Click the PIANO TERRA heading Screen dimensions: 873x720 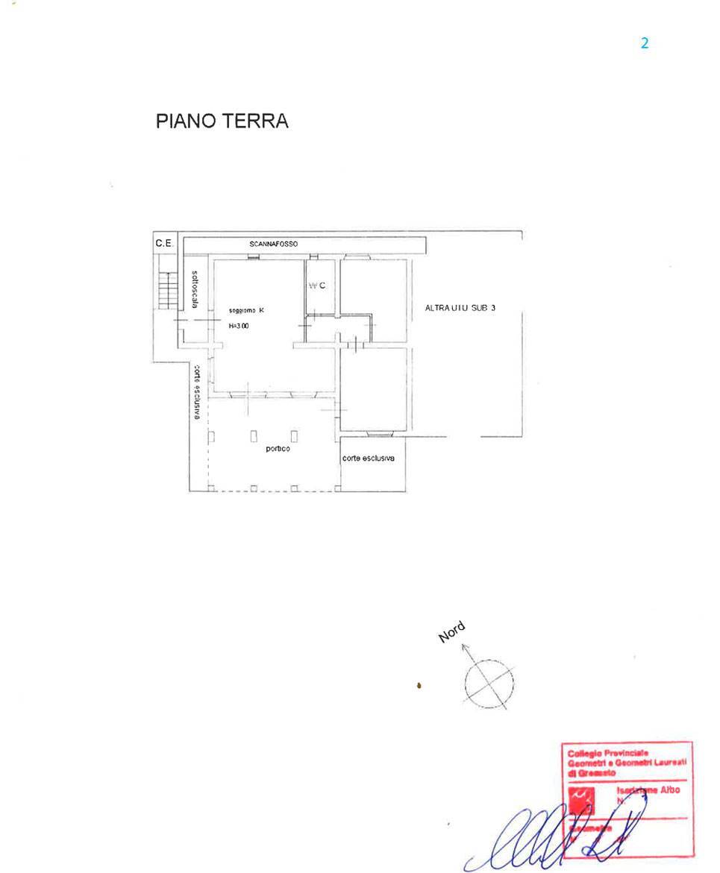coord(222,122)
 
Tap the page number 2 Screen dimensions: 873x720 coord(645,43)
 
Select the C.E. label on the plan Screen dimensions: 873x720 coord(164,243)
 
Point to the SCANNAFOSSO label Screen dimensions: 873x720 coord(273,244)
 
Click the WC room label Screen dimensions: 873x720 coord(317,286)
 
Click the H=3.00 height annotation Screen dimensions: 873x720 coord(239,326)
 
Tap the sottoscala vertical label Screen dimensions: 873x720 coord(195,289)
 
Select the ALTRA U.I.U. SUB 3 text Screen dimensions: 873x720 coord(460,308)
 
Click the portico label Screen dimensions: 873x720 coord(278,449)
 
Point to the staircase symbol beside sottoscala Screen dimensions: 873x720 coord(165,290)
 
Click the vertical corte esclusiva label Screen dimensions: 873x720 coord(196,391)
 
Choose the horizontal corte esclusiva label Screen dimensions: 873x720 coord(368,458)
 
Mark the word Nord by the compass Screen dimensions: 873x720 coord(451,632)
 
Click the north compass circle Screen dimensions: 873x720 coord(489,683)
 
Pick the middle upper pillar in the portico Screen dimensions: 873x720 coord(254,436)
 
